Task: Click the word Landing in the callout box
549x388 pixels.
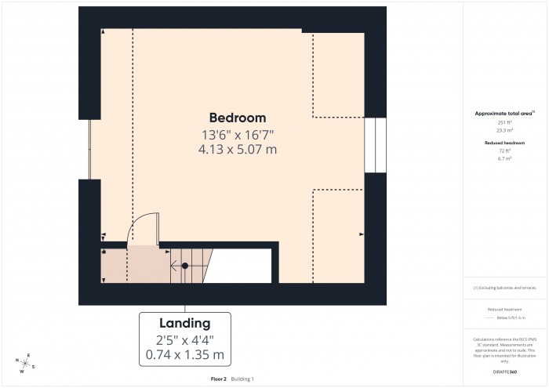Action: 185,323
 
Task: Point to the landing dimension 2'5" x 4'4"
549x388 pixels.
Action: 185,340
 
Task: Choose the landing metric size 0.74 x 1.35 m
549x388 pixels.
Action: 185,355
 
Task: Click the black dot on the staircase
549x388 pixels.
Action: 185,266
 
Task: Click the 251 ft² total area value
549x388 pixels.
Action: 504,124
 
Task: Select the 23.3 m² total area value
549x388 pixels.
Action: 504,132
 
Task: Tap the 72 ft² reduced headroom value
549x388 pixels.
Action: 504,150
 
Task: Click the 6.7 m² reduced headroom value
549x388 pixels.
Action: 504,158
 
